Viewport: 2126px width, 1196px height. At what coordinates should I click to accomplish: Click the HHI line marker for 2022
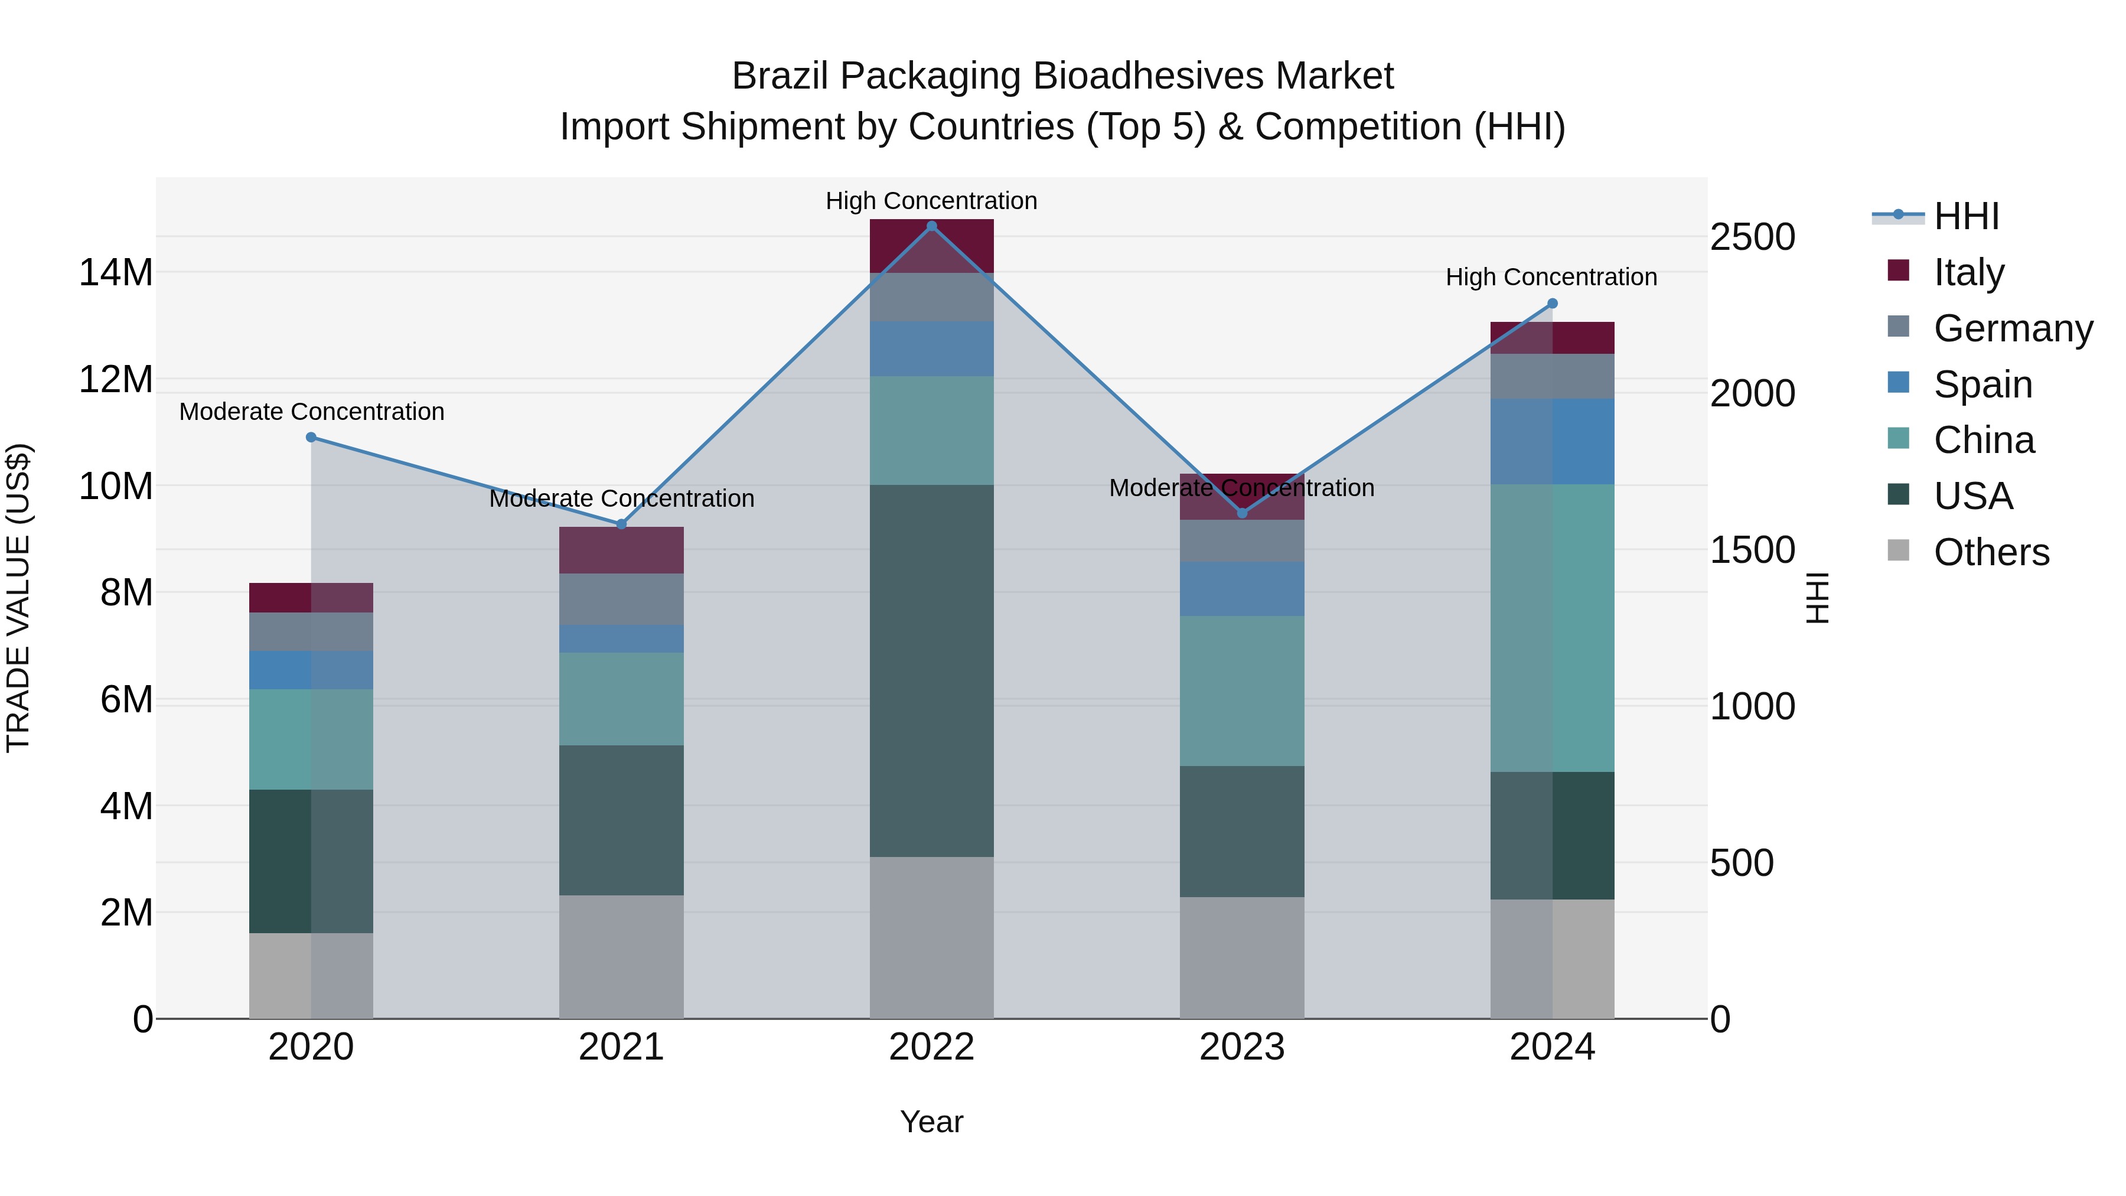[x=932, y=226]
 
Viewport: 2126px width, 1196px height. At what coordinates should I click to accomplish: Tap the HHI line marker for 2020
[x=311, y=438]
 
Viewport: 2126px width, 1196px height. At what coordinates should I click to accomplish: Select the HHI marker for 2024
[x=1551, y=304]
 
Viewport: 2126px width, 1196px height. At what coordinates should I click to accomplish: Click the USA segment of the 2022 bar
[x=932, y=670]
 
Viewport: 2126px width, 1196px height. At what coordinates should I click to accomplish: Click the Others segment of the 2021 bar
[x=621, y=957]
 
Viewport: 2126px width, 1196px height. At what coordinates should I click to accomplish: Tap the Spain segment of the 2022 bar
[x=932, y=348]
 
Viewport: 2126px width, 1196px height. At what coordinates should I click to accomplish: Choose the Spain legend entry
[x=1982, y=384]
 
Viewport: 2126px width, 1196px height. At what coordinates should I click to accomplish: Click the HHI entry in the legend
[x=1966, y=216]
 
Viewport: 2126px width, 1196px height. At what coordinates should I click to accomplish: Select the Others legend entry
[x=1991, y=552]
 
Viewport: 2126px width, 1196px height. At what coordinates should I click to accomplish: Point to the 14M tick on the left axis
[x=116, y=272]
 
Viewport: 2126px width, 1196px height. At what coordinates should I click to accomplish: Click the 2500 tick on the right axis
[x=1752, y=237]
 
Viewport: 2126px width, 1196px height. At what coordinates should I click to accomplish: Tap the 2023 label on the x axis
[x=1241, y=1047]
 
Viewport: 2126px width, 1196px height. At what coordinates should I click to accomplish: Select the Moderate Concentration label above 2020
[x=311, y=411]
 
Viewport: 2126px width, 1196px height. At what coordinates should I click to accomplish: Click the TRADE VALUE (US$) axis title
[x=18, y=598]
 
